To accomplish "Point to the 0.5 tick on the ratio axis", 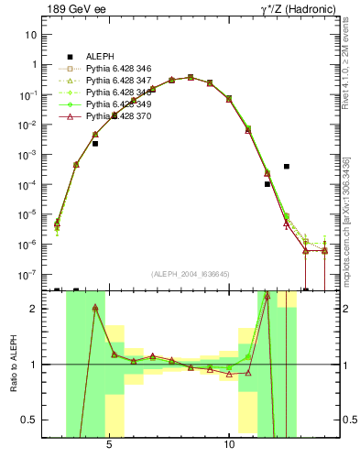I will pos(29,420).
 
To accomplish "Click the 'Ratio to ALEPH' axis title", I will pos(12,365).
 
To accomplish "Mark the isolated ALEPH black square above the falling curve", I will pos(287,167).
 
